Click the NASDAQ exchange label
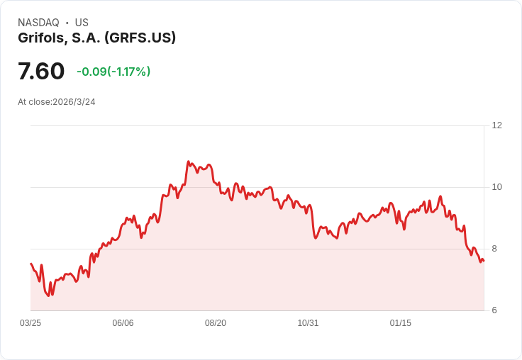click(38, 23)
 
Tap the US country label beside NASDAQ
click(82, 23)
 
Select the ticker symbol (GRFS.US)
click(140, 38)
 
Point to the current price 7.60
click(41, 71)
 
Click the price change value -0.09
click(91, 72)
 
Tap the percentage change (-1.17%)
click(129, 72)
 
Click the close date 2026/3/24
click(74, 102)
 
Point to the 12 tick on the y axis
click(496, 125)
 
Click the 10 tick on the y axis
click(496, 187)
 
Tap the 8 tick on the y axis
click(494, 249)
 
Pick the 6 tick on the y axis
click(494, 310)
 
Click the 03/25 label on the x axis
click(30, 323)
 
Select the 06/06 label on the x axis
click(123, 323)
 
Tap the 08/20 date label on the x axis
click(216, 323)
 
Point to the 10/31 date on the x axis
click(308, 323)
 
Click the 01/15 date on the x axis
click(401, 323)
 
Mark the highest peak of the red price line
click(189, 162)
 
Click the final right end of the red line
click(484, 261)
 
